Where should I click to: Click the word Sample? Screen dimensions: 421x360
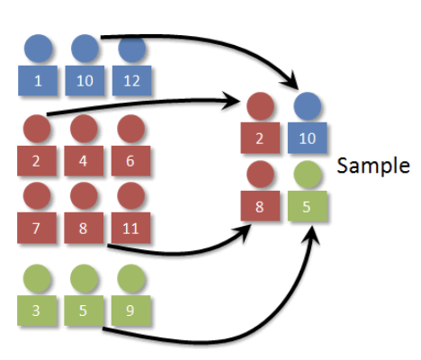(373, 166)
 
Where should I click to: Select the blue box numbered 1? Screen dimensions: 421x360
(38, 81)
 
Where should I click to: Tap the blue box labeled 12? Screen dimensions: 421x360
(132, 81)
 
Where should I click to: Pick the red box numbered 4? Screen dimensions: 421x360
(84, 161)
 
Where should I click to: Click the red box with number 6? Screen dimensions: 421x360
(130, 161)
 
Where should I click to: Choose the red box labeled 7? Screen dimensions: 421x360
(37, 228)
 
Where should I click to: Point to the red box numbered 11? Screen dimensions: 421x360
(130, 228)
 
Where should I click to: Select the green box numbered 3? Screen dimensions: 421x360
(37, 310)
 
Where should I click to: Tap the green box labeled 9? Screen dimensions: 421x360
(130, 310)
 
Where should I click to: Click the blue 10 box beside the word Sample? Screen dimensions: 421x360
(308, 138)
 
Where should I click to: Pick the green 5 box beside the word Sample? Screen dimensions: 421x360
(308, 206)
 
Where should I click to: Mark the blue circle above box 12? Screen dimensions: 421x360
(132, 49)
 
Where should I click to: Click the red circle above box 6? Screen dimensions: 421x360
(130, 129)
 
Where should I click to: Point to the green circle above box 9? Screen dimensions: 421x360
(130, 278)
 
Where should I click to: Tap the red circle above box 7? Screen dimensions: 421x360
(37, 195)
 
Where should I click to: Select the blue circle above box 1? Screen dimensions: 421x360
(38, 49)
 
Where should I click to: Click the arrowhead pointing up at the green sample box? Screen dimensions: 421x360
(311, 236)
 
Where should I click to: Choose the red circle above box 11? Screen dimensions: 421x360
(130, 195)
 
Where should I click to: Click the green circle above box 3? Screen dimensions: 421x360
(37, 278)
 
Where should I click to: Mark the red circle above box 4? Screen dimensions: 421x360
(84, 129)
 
